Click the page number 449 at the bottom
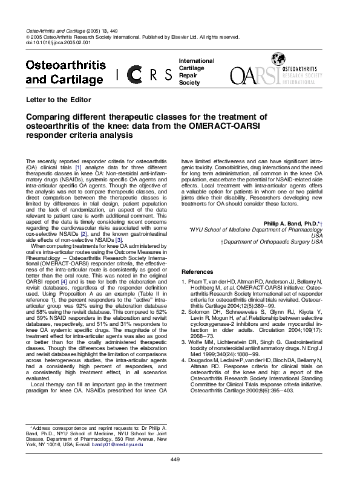point(175,460)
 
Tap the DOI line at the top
point(59,43)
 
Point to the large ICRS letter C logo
point(136,75)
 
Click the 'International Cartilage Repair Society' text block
point(197,71)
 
